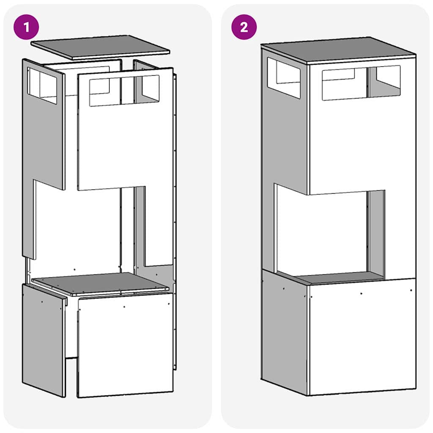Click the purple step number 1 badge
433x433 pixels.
tap(26, 27)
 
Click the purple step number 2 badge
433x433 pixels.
tap(244, 27)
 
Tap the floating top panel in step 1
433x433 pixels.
tap(100, 47)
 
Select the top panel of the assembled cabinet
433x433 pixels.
tap(338, 49)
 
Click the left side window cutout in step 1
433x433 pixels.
tap(42, 85)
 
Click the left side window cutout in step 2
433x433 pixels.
tap(284, 77)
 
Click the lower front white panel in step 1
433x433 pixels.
tap(126, 345)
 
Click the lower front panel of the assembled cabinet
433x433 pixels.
tap(362, 338)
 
